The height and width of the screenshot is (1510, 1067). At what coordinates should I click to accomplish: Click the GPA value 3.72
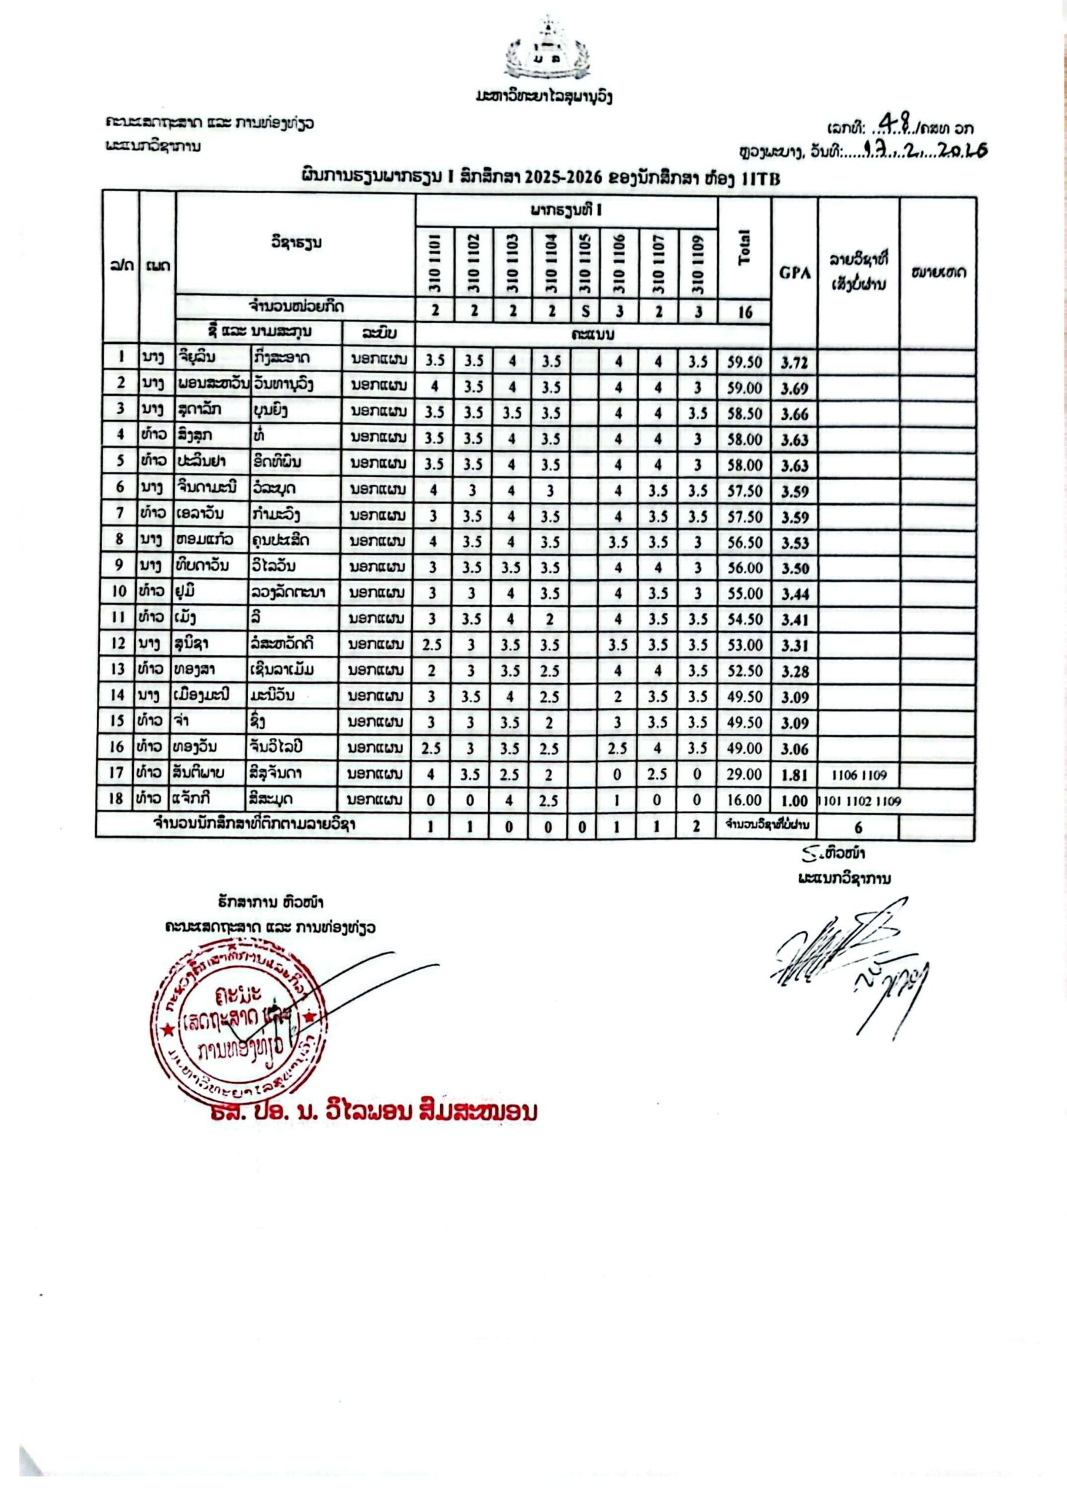[x=794, y=362]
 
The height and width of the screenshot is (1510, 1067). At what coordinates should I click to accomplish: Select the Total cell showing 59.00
[x=744, y=388]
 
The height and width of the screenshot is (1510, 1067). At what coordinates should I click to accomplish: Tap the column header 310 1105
[x=585, y=264]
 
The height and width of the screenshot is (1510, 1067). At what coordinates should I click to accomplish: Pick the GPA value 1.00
[x=794, y=801]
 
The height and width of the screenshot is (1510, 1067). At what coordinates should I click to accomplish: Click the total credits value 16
[x=744, y=312]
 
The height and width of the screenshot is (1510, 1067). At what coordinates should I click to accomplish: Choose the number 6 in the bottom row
[x=858, y=828]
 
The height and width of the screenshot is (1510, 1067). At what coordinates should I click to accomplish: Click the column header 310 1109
[x=697, y=264]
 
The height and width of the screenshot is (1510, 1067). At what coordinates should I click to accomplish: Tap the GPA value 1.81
[x=794, y=776]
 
